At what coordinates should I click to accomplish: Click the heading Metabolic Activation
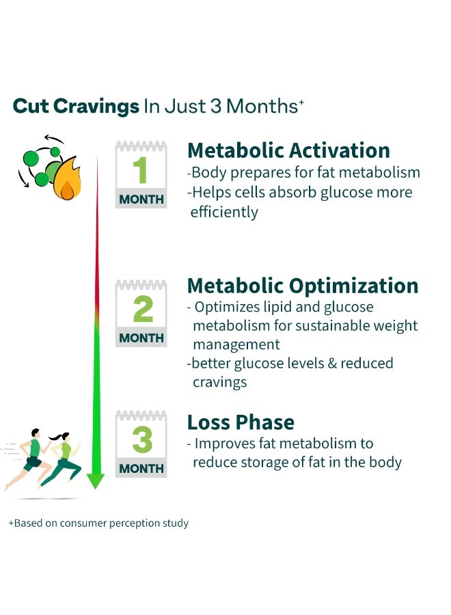point(288,150)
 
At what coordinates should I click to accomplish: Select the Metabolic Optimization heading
point(303,286)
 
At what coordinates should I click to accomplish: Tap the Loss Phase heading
point(241,422)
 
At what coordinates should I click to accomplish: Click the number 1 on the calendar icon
point(140,170)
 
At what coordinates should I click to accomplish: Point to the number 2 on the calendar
point(143,309)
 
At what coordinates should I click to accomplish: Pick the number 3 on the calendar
point(142,439)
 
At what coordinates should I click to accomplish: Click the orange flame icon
point(68,179)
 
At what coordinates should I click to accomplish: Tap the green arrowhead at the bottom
point(95,481)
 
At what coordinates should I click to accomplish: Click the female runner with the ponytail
point(61,460)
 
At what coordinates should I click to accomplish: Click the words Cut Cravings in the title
point(76,107)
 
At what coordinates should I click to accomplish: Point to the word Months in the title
point(262,107)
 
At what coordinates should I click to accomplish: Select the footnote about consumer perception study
point(98,523)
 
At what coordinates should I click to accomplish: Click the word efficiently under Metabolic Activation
point(224,213)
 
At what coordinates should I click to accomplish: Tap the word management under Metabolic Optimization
point(236,344)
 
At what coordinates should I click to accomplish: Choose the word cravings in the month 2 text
point(219,383)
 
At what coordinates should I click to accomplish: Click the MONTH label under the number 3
point(141,468)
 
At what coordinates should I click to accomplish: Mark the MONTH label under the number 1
point(141,200)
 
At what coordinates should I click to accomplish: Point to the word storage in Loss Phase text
point(272,463)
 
